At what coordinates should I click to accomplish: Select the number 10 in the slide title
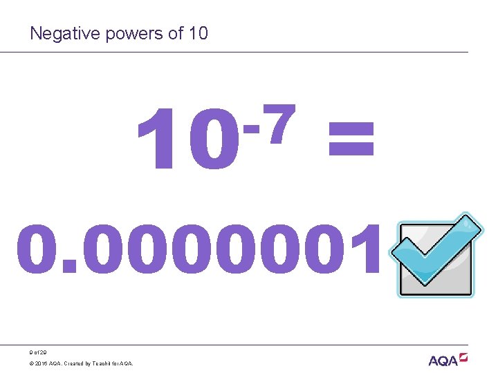pos(197,33)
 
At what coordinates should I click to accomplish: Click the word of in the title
pos(174,33)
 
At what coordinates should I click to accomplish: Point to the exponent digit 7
pos(282,125)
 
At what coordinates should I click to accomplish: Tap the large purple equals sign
pos(351,138)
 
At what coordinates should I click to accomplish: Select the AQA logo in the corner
pos(448,359)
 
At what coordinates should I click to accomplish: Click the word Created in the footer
pos(76,363)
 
